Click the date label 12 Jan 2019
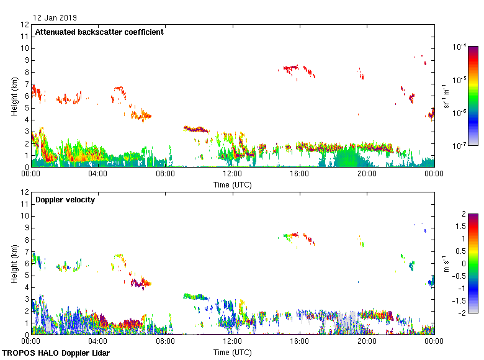55,18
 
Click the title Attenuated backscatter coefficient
99,32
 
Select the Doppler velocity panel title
65,200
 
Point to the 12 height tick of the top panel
25,25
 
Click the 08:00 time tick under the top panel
165,174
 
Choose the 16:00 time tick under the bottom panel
300,342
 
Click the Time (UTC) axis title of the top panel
232,184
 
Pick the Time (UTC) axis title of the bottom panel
232,352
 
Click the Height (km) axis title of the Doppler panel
14,264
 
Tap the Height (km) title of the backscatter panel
14,96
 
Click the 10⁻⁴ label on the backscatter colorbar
460,47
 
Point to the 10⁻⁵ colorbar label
460,79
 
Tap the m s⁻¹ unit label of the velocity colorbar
446,264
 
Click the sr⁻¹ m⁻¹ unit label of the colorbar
446,96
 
